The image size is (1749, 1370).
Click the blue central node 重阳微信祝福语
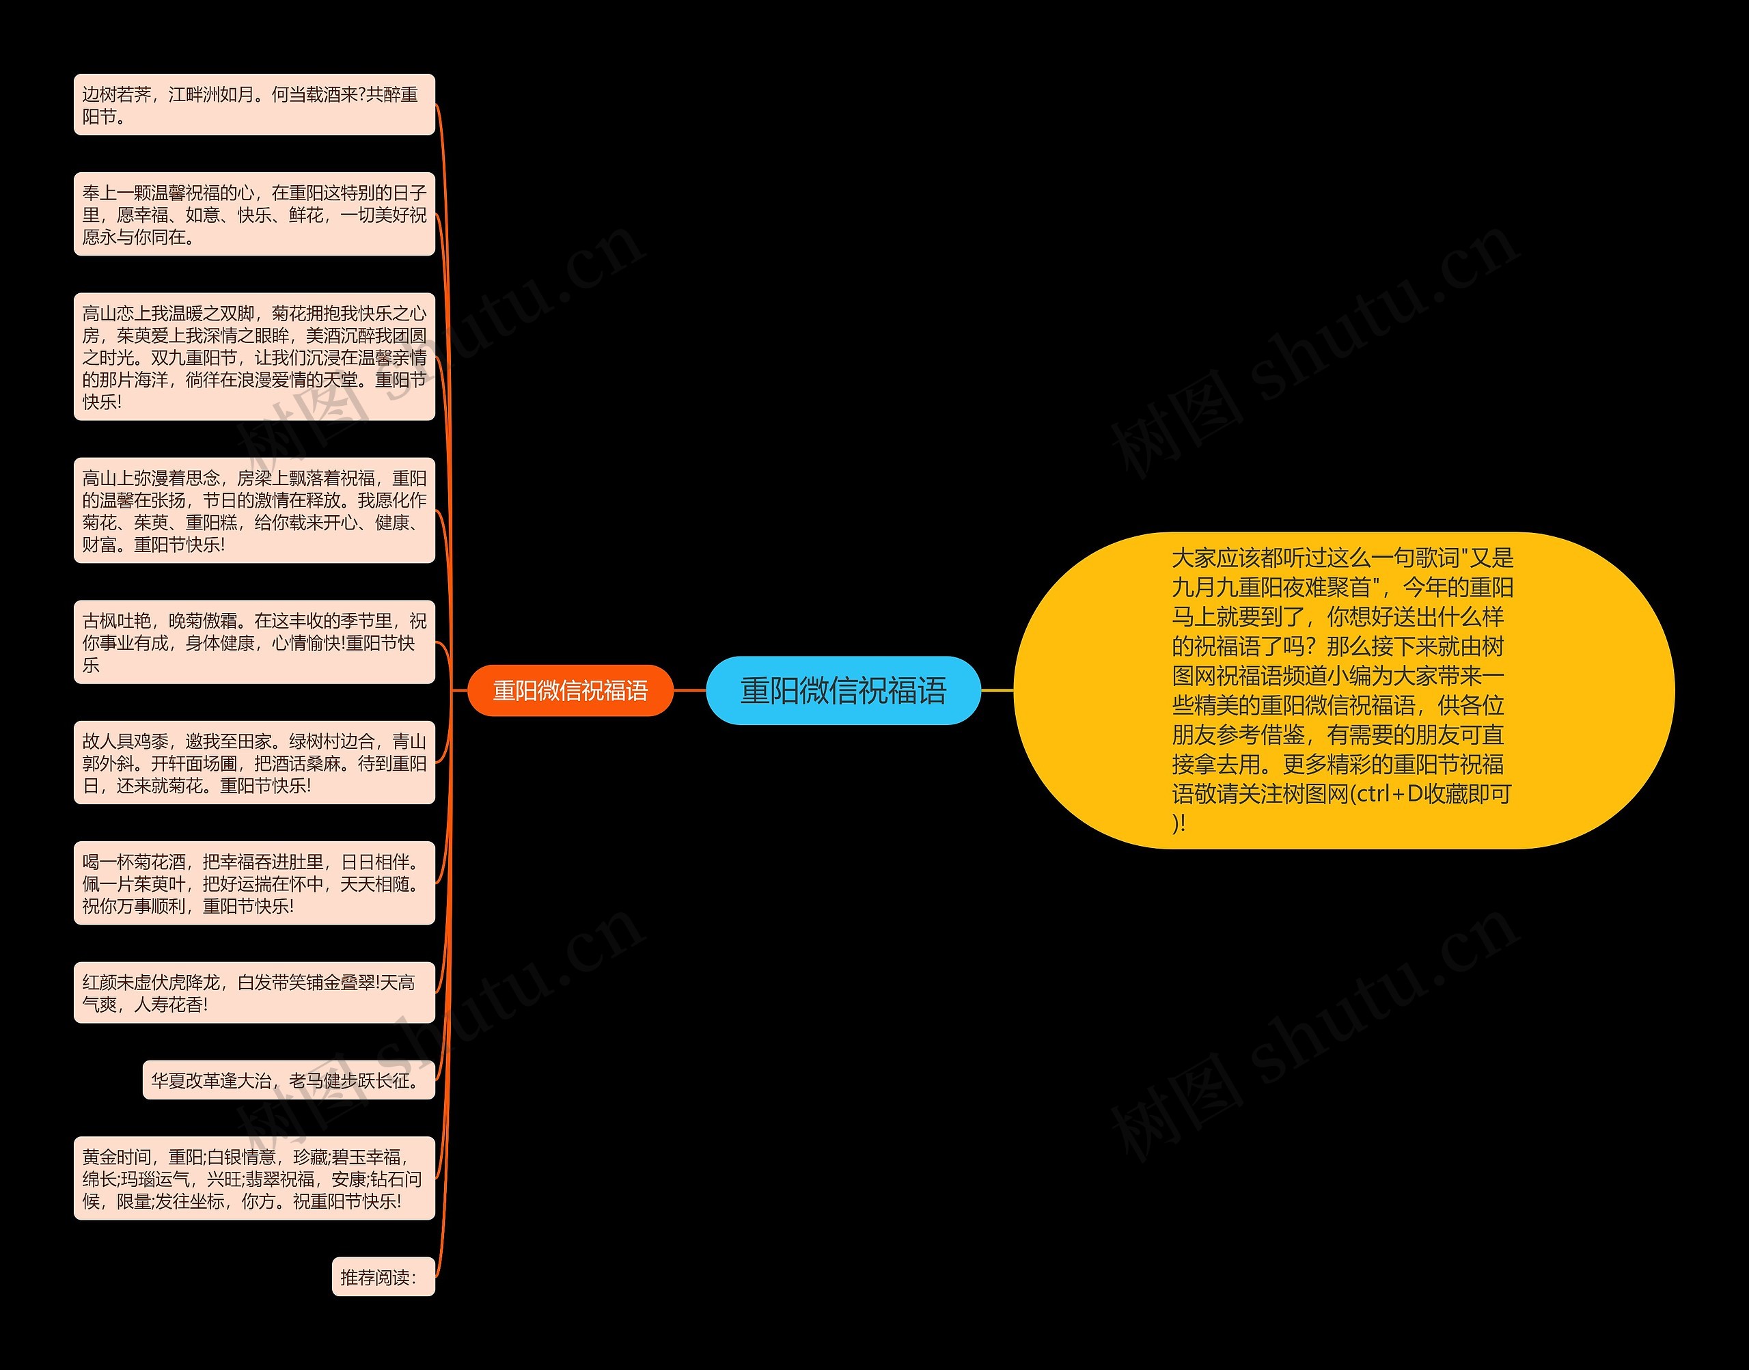coord(843,691)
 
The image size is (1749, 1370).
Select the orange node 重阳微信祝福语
coord(570,691)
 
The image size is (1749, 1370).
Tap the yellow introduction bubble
coord(1343,690)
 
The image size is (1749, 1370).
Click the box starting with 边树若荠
coord(254,105)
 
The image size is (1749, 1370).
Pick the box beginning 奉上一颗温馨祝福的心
coord(254,214)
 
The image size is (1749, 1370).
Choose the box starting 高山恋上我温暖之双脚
coord(254,357)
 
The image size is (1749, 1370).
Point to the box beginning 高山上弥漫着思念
coord(254,511)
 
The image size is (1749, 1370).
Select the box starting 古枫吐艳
coord(254,642)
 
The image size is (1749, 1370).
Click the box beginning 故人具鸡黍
coord(254,763)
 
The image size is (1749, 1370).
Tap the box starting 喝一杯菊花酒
coord(254,883)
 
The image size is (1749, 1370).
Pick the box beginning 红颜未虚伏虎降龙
coord(254,993)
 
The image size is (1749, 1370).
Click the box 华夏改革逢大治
coord(289,1080)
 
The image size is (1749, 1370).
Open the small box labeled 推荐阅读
coord(383,1277)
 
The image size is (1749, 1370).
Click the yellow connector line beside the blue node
coord(997,690)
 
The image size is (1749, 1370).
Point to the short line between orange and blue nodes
coord(689,690)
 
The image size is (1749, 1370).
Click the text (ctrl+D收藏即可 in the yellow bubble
coord(1431,794)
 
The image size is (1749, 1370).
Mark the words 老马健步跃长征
coord(354,1080)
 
